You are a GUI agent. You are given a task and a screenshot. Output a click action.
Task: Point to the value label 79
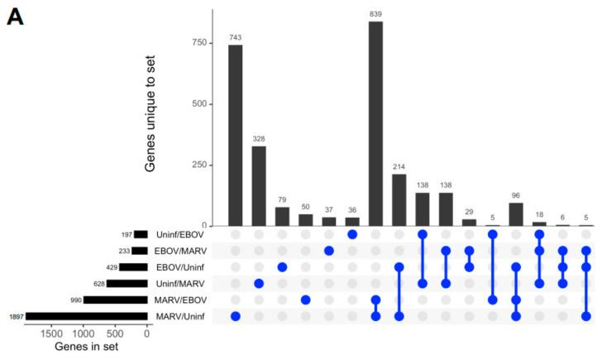(282, 199)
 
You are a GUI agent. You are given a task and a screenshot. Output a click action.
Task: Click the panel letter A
(16, 17)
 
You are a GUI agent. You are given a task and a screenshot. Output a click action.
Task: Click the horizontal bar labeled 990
(115, 300)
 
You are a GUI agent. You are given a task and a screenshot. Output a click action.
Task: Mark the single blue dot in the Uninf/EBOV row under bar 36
(352, 234)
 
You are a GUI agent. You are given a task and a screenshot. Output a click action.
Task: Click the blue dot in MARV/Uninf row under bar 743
(236, 316)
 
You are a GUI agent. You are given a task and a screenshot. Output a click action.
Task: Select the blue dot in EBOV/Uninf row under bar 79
(282, 266)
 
